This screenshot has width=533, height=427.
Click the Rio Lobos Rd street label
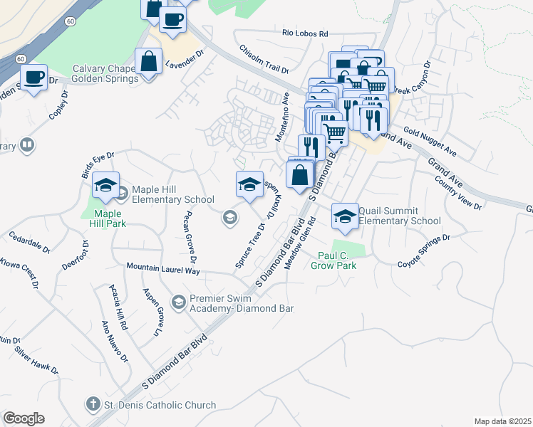coord(304,33)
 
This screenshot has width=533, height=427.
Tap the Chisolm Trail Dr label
coord(264,60)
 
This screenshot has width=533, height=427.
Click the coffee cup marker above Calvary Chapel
coord(172,19)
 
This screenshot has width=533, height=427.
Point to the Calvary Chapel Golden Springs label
coord(105,74)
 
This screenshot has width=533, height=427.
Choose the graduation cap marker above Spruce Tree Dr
coord(249,184)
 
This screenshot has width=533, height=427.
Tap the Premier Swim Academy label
coord(242,303)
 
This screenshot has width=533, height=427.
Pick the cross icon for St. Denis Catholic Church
coord(93,404)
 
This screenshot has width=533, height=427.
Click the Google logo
coord(24,418)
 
